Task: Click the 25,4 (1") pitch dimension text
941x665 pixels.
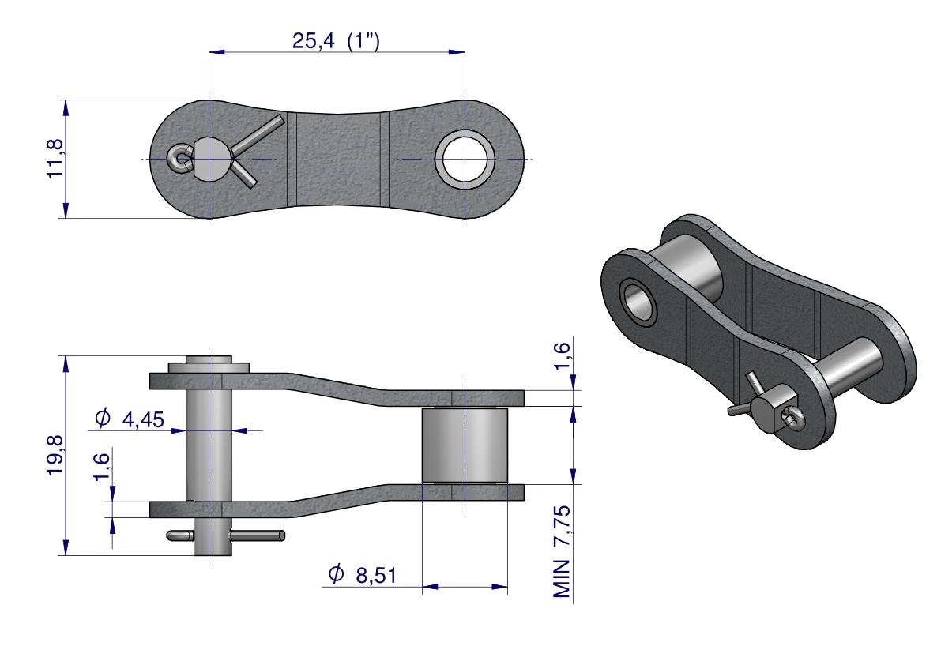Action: click(336, 41)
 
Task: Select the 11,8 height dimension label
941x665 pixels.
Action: click(55, 158)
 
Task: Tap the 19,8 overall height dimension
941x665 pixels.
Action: click(55, 456)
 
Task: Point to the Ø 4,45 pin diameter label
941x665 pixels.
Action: click(129, 419)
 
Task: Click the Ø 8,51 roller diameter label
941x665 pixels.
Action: click(363, 574)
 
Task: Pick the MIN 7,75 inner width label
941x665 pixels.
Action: click(562, 552)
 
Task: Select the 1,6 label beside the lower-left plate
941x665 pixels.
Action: click(101, 467)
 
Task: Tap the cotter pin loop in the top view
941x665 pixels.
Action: click(179, 160)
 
